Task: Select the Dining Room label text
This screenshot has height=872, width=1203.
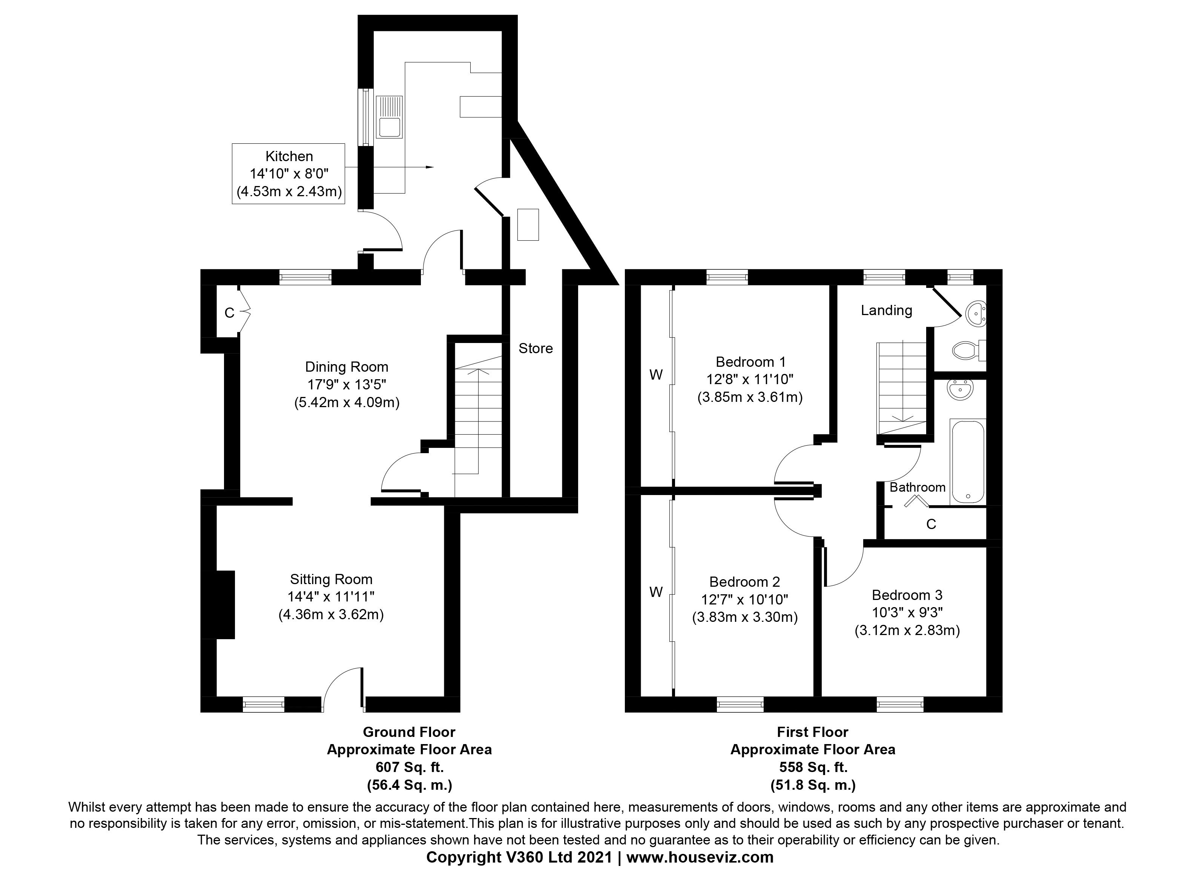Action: pos(346,367)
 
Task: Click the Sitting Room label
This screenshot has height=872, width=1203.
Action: pos(331,579)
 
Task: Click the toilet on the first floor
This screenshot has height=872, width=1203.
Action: pos(965,350)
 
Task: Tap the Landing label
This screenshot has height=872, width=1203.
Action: pos(886,311)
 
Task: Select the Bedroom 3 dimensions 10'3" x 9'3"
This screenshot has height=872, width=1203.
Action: pos(907,612)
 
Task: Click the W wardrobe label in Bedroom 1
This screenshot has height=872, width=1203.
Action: pos(656,375)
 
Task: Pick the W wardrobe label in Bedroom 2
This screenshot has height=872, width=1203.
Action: pos(656,592)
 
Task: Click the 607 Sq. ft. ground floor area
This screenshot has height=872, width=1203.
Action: pos(409,767)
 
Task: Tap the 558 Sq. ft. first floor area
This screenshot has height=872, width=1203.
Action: pos(813,767)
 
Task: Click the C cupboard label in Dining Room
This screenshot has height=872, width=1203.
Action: pos(229,313)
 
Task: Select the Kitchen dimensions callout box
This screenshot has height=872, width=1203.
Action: pos(288,174)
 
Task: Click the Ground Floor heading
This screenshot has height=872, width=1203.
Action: pos(409,732)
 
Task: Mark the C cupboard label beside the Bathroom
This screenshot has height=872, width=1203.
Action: pos(931,524)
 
